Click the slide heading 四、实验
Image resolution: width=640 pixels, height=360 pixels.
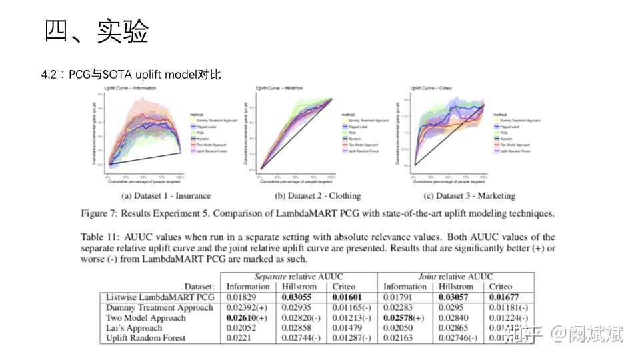coord(97,31)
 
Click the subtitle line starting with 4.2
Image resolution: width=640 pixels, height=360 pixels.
coord(131,75)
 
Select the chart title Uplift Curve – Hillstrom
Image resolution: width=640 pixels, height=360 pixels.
coord(279,88)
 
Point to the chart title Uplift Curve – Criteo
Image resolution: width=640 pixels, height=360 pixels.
coord(430,88)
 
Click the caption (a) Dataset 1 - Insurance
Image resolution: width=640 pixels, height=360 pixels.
coord(166,196)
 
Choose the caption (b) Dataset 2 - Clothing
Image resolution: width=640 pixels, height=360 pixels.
coord(317,196)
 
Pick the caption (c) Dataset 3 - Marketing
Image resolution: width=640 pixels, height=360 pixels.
coord(469,196)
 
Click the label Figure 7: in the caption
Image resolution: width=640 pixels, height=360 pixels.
coord(101,214)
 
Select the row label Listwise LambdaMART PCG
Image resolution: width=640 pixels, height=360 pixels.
coord(160,297)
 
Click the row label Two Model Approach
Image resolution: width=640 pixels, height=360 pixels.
coord(145,318)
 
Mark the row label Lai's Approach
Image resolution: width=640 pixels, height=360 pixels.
coord(134,328)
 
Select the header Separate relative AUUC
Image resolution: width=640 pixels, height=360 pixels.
coord(299,277)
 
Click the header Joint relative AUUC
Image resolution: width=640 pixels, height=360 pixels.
coord(455,277)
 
